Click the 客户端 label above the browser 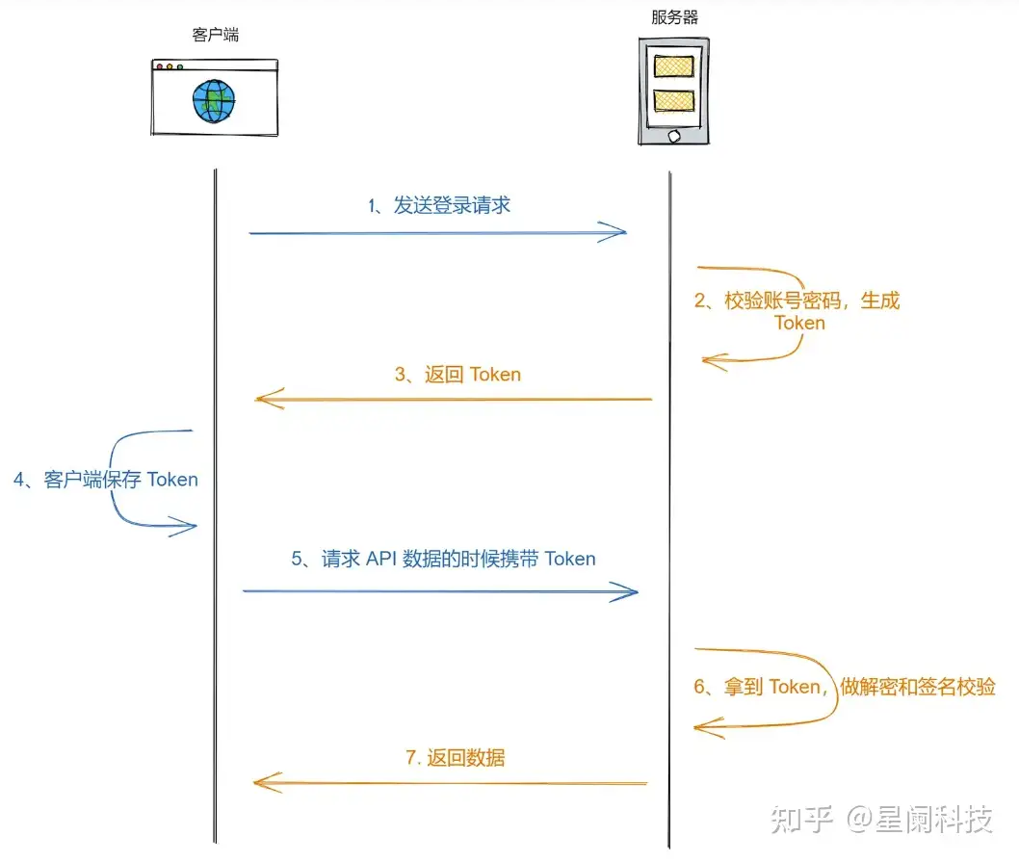point(216,36)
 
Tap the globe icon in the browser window point(213,101)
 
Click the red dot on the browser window point(160,67)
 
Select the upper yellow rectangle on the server point(674,66)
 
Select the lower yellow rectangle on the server point(674,100)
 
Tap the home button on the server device point(674,135)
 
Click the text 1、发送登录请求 point(439,205)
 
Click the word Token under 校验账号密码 point(799,323)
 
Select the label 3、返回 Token point(457,375)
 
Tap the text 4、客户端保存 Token point(106,480)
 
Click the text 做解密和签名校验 point(917,687)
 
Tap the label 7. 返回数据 point(455,758)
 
